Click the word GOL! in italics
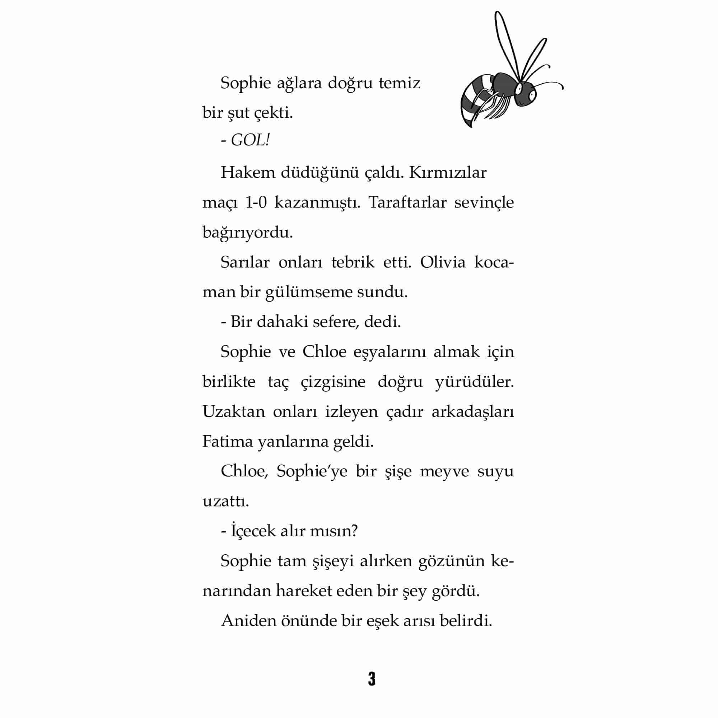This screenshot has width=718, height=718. coord(250,141)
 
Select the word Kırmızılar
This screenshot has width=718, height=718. coord(447,173)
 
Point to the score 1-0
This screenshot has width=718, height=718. coord(256,203)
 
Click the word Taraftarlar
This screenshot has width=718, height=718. coord(407,203)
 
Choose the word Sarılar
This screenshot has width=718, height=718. coord(245,263)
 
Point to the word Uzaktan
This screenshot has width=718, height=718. coord(233,412)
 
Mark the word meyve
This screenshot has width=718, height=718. coord(445,472)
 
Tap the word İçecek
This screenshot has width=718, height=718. coord(252,531)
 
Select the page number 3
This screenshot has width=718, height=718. coord(372,679)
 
